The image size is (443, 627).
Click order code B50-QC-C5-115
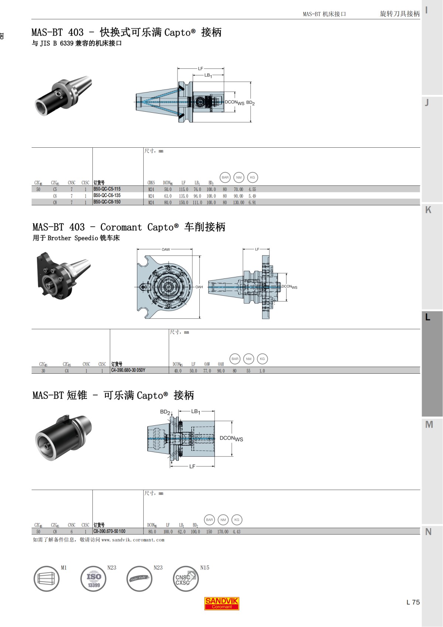[107, 189]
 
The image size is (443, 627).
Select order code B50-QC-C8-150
[107, 202]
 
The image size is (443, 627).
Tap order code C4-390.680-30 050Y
[128, 370]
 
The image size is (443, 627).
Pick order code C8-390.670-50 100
[109, 531]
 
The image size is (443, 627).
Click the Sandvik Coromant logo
[222, 603]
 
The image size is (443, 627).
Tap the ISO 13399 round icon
[93, 579]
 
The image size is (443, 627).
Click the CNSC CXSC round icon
[185, 579]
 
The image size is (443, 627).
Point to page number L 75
[413, 602]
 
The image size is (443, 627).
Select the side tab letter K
[428, 210]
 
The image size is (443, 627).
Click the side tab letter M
[429, 425]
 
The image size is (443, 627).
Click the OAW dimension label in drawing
[166, 250]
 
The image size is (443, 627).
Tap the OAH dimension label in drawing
[199, 287]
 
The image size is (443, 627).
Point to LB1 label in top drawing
[208, 75]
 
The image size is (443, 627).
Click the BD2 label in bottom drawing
[165, 412]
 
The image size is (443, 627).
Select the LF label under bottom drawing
[192, 467]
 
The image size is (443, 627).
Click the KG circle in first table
[253, 178]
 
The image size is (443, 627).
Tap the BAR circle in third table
[209, 520]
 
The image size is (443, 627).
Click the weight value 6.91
[252, 202]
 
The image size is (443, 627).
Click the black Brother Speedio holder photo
[63, 275]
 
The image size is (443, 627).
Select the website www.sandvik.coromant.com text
[133, 540]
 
